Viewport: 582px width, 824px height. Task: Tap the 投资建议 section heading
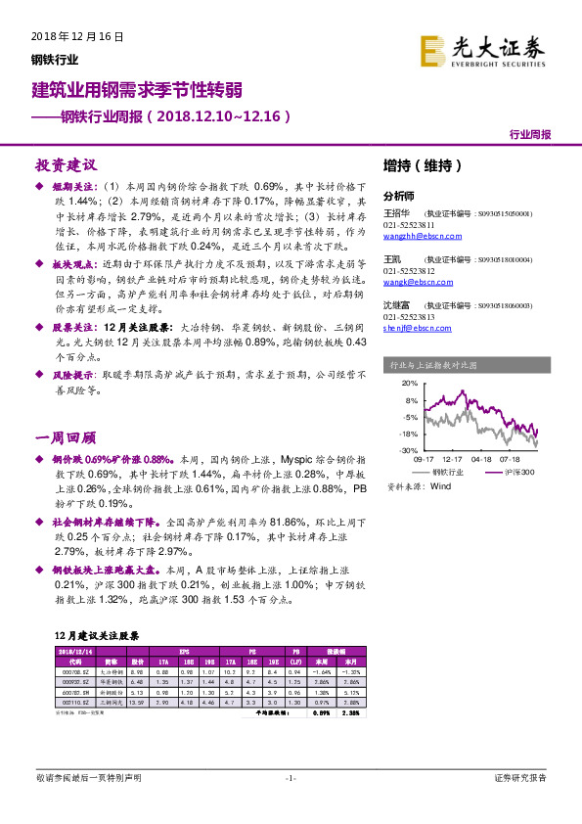point(67,164)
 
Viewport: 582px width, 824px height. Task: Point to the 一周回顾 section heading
point(67,410)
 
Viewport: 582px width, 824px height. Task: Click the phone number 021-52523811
point(410,224)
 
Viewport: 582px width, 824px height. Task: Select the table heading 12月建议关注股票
point(95,636)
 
